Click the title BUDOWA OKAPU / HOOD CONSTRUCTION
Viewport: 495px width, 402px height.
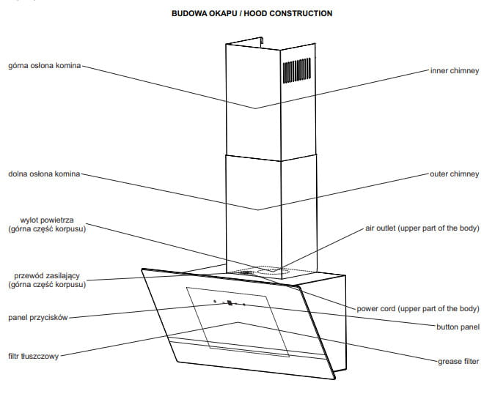(x=252, y=13)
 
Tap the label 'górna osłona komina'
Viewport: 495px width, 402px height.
(x=45, y=65)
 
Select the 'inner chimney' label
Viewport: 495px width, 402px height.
(x=454, y=71)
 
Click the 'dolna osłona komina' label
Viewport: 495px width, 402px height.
(x=43, y=174)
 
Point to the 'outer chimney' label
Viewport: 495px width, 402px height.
(x=454, y=174)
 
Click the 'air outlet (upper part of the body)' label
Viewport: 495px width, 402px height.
(x=422, y=228)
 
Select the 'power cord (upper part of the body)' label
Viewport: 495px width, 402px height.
(x=418, y=308)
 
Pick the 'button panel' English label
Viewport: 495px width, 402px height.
(x=458, y=327)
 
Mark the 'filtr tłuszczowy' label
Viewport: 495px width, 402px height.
(x=34, y=356)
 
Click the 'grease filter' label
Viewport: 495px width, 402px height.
(x=458, y=362)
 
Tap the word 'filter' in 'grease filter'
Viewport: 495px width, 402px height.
(x=470, y=362)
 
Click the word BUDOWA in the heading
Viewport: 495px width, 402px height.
(x=187, y=13)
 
